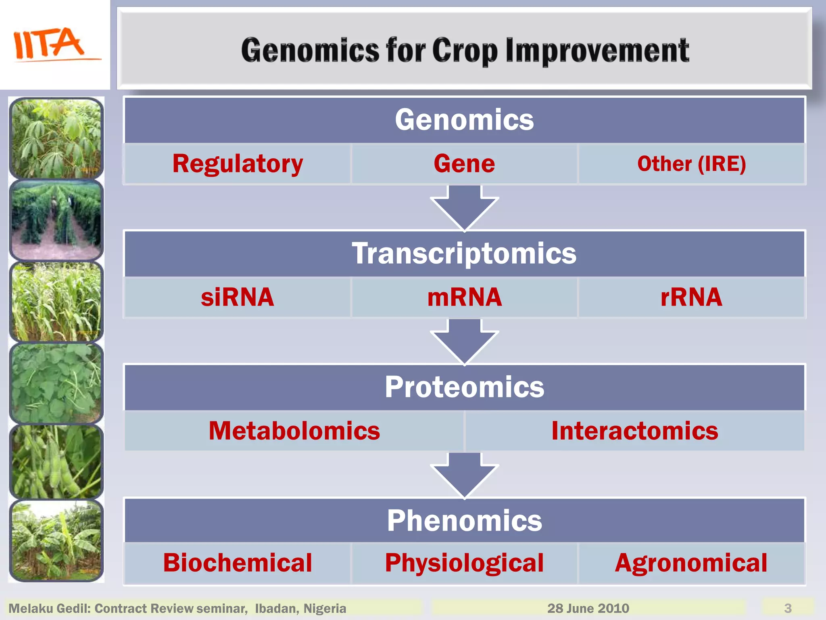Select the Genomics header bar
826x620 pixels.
(x=465, y=120)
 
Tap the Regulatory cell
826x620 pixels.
(x=237, y=164)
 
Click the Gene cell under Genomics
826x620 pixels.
(x=464, y=164)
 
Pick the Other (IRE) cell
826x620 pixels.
(x=691, y=164)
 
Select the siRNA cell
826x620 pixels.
(x=237, y=297)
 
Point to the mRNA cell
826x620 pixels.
(x=464, y=297)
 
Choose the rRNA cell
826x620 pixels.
(x=691, y=297)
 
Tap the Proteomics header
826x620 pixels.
(x=465, y=387)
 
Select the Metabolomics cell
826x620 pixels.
(x=294, y=431)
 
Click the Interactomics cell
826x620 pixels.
(x=634, y=431)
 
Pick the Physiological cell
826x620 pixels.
(x=464, y=563)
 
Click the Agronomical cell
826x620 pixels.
(x=691, y=563)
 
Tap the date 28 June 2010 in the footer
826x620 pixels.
(x=588, y=608)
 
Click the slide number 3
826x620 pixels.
(x=788, y=608)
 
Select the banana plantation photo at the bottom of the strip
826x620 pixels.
(x=56, y=541)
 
